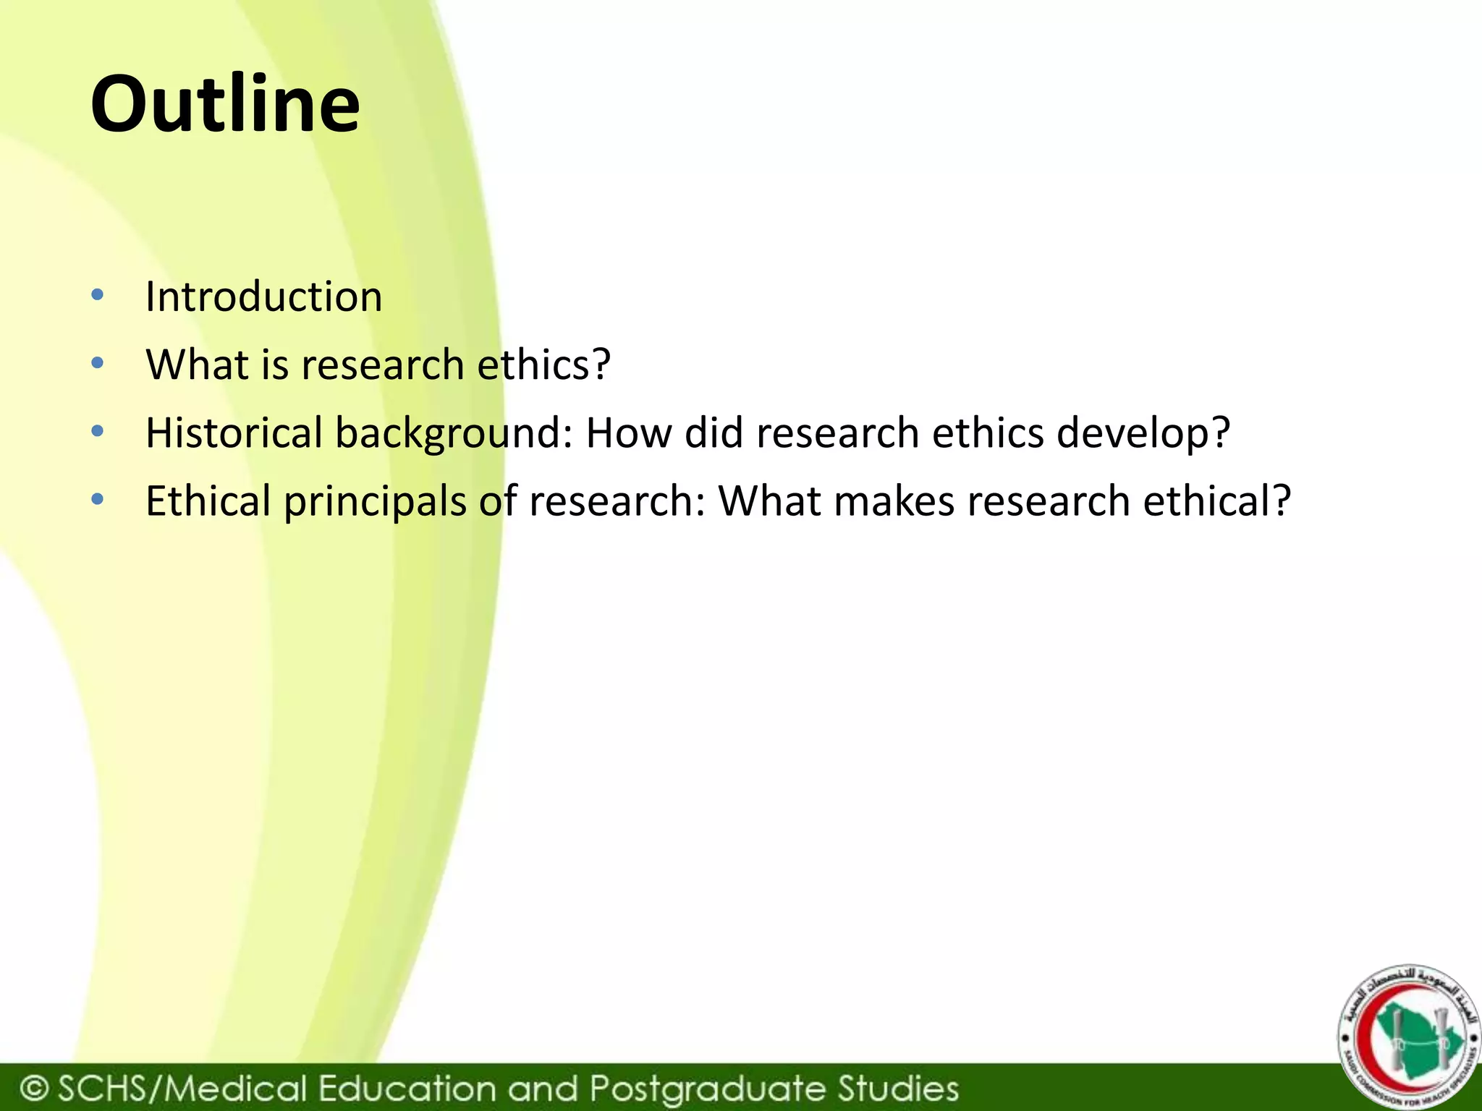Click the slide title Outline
click(225, 105)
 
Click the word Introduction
click(263, 297)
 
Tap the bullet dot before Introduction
click(98, 294)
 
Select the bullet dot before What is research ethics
click(98, 362)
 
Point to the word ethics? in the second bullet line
click(544, 364)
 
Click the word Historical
click(234, 433)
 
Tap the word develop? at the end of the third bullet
click(1143, 433)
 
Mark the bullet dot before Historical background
click(98, 431)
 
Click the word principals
click(375, 501)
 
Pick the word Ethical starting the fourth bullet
click(208, 501)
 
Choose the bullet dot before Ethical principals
click(98, 499)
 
